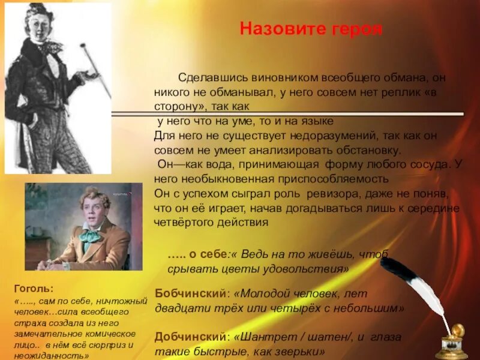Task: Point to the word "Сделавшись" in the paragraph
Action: (x=206, y=78)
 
